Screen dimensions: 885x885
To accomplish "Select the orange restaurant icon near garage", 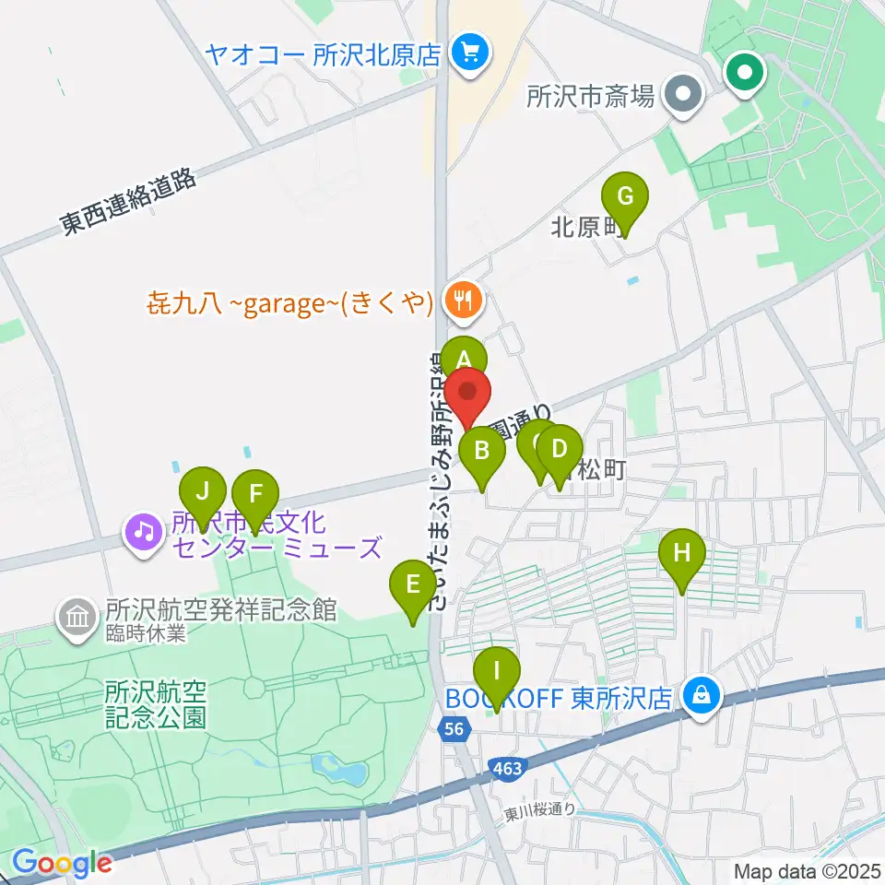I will [462, 299].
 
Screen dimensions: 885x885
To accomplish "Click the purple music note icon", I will [143, 531].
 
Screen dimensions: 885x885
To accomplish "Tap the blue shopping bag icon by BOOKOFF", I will [702, 696].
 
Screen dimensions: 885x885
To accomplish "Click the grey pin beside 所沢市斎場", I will [684, 94].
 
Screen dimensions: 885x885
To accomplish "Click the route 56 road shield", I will [452, 729].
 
